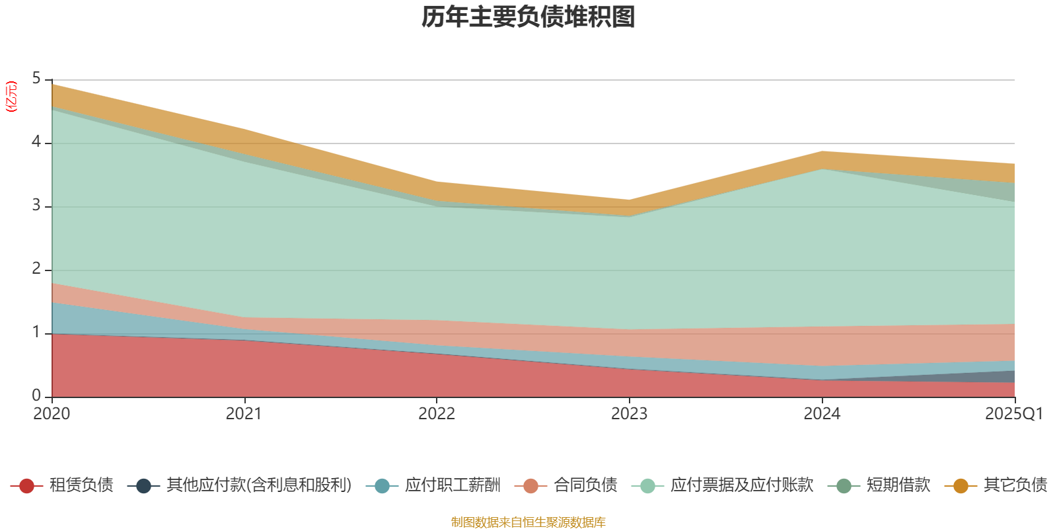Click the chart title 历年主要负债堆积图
(x=528, y=18)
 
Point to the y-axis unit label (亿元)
(x=11, y=97)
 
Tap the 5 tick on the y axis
(x=36, y=79)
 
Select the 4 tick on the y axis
(x=36, y=142)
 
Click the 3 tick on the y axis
(x=36, y=206)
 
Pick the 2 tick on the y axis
(x=36, y=269)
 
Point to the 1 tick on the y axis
(x=36, y=333)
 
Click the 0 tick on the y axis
(x=36, y=396)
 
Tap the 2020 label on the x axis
(x=52, y=414)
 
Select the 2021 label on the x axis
(x=244, y=414)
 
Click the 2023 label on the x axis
(x=629, y=414)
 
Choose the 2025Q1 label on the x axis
(x=1014, y=414)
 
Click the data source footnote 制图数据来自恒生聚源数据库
(x=528, y=522)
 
